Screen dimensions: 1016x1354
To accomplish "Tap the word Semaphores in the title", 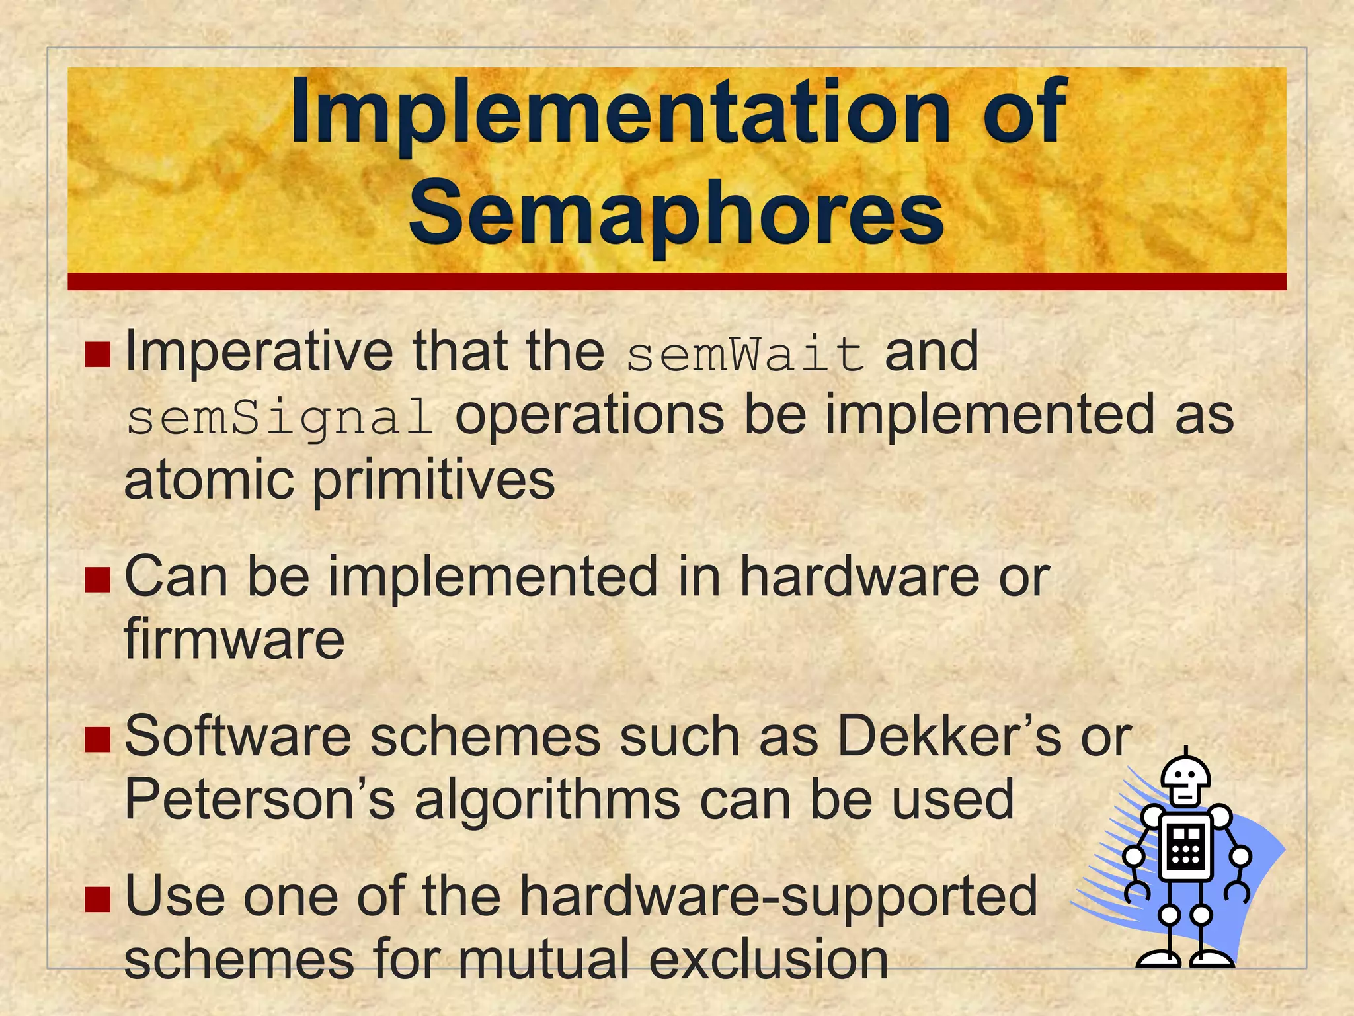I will click(x=676, y=213).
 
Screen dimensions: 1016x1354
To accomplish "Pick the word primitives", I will click(x=433, y=482).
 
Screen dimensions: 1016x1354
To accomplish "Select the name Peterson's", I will click(x=259, y=800).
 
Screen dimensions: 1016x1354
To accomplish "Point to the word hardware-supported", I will click(x=778, y=896).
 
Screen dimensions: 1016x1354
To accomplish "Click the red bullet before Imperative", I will click(x=97, y=355).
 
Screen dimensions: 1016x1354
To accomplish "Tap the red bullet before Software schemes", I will click(x=97, y=740).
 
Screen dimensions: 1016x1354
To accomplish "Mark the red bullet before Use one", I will click(x=97, y=900).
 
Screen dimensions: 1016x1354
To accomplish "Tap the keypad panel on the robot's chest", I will click(x=1185, y=848).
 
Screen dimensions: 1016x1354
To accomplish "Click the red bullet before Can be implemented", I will click(x=97, y=579).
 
